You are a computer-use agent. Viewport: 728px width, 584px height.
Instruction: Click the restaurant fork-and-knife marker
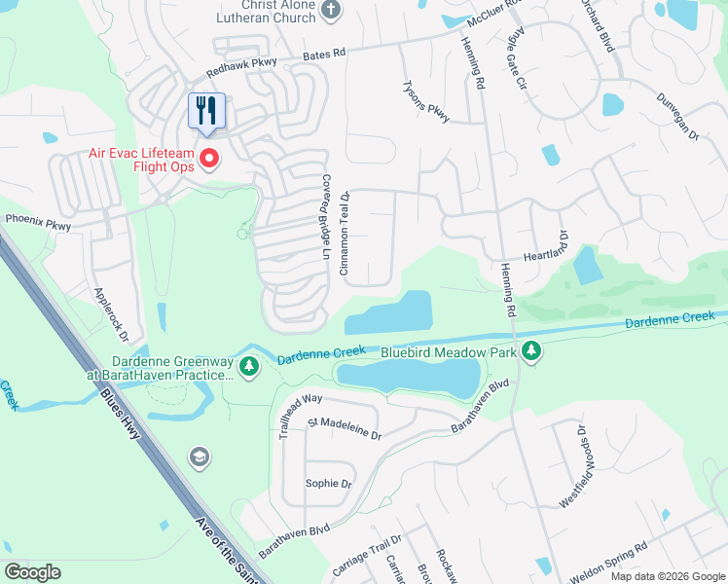pos(205,110)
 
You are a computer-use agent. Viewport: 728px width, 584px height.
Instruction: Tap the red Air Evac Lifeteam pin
pos(209,158)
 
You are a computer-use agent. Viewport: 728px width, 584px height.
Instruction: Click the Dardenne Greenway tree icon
pos(250,367)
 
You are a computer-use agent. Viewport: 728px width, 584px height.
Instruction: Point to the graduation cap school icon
pos(200,457)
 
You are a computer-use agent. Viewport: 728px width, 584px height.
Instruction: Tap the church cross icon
pos(331,10)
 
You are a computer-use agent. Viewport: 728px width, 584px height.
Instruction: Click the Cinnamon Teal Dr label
pos(345,233)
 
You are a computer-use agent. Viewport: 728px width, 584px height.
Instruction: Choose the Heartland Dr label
pos(562,247)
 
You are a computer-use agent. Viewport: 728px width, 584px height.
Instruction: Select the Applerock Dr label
pos(111,314)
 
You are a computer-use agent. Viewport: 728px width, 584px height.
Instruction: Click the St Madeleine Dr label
pos(344,428)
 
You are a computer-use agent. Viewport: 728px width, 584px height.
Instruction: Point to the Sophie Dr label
pos(328,483)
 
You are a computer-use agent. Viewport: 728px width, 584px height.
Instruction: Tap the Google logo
pos(32,572)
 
